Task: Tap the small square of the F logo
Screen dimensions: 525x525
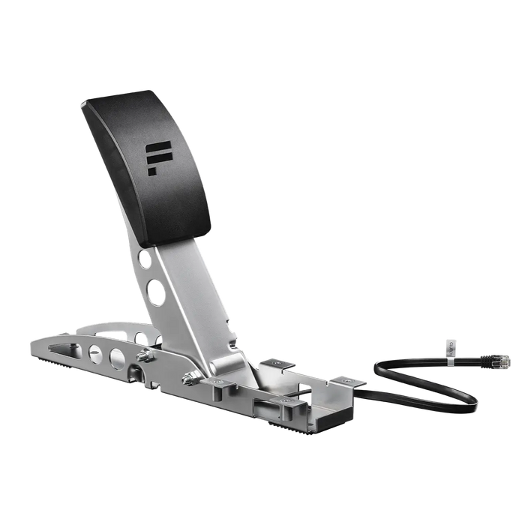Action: click(152, 171)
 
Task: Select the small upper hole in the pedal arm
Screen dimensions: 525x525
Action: click(144, 259)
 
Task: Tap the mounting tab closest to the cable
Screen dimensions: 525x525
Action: click(349, 382)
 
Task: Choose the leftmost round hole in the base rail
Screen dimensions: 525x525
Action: click(95, 353)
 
